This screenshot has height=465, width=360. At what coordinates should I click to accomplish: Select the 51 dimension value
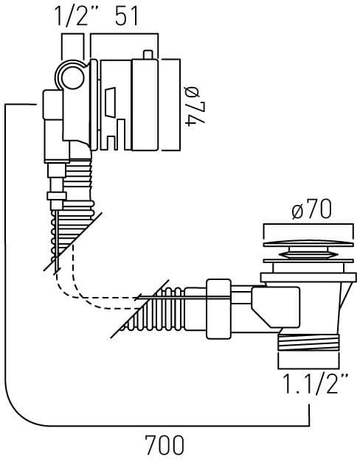tap(126, 17)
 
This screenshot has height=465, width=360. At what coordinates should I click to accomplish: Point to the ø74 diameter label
tap(195, 106)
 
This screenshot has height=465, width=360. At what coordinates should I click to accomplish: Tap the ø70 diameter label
tap(311, 210)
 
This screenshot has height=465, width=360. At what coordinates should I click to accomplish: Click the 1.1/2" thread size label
tap(315, 384)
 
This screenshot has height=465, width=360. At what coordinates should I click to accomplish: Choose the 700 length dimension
tap(165, 445)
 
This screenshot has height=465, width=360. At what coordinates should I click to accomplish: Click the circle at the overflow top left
tap(72, 76)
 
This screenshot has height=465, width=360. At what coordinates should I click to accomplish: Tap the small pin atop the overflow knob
tap(148, 55)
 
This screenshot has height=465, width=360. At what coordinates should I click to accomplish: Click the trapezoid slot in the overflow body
tap(110, 102)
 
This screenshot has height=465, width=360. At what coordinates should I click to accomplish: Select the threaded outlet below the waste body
tap(308, 342)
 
